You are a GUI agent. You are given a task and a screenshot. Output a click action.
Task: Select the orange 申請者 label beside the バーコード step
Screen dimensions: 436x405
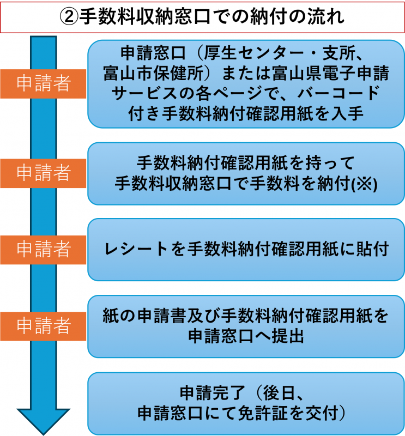44,83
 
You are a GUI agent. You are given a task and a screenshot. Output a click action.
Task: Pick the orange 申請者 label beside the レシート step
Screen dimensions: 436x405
44,249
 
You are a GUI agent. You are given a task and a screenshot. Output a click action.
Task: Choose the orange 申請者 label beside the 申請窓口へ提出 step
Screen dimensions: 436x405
44,325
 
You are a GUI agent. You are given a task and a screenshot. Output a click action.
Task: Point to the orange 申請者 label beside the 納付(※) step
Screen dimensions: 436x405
44,173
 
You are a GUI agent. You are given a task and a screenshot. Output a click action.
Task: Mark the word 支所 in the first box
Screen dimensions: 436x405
341,53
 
